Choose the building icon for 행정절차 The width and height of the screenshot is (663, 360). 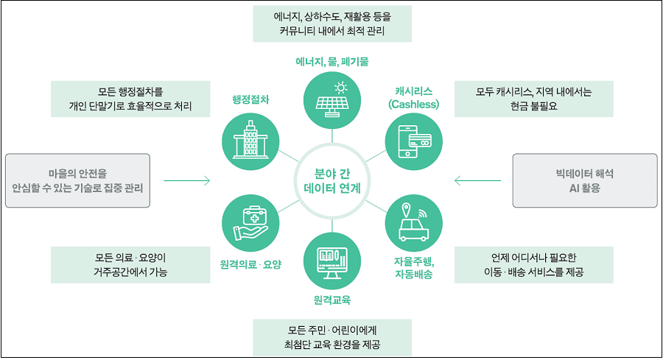pos(250,138)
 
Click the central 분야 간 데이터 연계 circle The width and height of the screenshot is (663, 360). pos(331,180)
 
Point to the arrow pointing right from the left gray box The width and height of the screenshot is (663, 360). pos(186,180)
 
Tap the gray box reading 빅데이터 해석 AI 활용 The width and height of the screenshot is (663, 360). pos(584,180)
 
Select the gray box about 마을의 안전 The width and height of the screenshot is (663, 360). pos(77,180)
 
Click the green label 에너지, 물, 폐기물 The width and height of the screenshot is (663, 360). pos(331,61)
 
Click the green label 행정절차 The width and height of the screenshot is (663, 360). pos(250,99)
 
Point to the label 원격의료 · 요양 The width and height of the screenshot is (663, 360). pos(250,264)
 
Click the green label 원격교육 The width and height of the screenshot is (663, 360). pos(331,300)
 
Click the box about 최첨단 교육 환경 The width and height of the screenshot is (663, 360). pos(331,336)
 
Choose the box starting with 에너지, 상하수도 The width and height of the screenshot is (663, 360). pos(331,24)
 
